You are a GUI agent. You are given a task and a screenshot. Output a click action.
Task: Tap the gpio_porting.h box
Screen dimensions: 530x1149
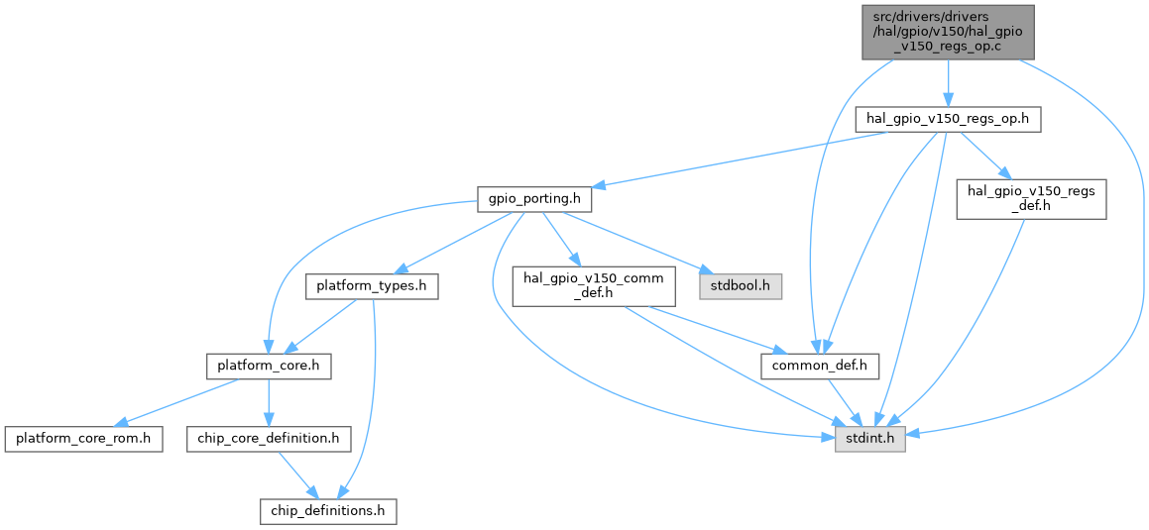pos(534,199)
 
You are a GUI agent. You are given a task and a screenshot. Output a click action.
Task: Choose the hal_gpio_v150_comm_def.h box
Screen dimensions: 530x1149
pos(593,287)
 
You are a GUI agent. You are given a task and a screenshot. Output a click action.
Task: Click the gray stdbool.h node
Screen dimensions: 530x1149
pos(741,287)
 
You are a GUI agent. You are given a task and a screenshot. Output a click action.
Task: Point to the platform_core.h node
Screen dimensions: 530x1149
pos(268,367)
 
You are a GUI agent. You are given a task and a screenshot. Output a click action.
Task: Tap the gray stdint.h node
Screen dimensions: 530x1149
pos(870,437)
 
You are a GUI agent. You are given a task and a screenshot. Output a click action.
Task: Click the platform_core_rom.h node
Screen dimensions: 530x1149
pos(83,437)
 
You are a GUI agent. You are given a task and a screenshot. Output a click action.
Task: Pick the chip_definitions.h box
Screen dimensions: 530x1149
pos(328,511)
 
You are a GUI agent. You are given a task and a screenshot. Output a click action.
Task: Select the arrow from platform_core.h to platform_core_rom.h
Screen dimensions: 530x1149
pos(178,401)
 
